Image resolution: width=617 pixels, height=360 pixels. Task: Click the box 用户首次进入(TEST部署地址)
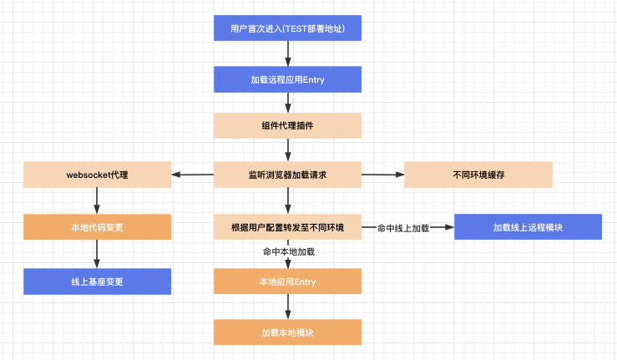tap(288, 28)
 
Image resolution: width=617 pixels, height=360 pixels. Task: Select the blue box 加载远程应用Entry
tap(288, 79)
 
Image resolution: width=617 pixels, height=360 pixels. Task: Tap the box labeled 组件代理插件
tap(288, 125)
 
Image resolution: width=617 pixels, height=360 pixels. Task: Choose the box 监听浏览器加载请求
tap(288, 175)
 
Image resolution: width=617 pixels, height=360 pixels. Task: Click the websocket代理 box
tap(97, 175)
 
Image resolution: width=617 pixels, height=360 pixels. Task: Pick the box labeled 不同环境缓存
tap(478, 175)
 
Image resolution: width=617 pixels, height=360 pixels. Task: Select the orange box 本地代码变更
tap(97, 227)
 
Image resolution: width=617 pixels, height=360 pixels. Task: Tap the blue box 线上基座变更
tap(97, 281)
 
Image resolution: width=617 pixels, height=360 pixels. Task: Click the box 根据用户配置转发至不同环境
tap(288, 227)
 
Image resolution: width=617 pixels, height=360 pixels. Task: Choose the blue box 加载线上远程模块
tap(528, 227)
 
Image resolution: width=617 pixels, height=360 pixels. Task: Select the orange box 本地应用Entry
tap(288, 281)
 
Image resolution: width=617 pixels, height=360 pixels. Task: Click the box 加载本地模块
tap(288, 332)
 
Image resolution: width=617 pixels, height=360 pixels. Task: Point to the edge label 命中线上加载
tap(403, 228)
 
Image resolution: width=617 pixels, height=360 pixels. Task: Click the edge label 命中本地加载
tap(289, 251)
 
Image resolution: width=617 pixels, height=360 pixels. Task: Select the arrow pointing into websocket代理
tap(192, 175)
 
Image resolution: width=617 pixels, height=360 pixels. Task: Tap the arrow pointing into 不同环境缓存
tap(383, 175)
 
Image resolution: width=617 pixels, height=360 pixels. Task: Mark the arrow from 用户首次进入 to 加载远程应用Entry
tap(288, 53)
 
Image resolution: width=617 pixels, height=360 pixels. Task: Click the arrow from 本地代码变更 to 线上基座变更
tap(97, 254)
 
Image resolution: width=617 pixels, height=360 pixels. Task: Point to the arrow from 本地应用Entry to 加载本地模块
tap(288, 307)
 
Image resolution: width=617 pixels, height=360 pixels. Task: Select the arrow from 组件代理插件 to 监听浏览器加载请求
tap(288, 150)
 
